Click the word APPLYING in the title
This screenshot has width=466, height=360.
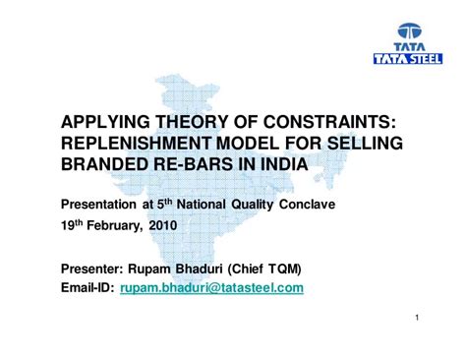click(x=106, y=122)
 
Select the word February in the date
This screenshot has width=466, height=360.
click(x=112, y=226)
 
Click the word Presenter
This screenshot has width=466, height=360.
click(x=96, y=269)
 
